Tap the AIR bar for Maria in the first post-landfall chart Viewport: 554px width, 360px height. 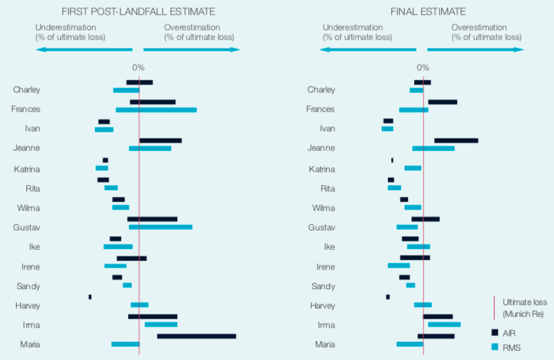tap(196, 336)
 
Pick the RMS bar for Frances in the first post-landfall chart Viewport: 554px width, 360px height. tap(156, 110)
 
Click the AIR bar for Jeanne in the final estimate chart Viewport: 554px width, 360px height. tap(456, 141)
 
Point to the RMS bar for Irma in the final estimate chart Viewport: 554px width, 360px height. tap(444, 324)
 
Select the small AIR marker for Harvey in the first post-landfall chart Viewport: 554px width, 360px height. tap(90, 297)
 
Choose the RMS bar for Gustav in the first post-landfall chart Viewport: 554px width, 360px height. tap(160, 227)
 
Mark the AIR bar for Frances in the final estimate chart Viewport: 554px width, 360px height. tap(442, 102)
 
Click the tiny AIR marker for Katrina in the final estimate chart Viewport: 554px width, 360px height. tap(392, 160)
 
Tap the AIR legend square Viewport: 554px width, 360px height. tap(495, 332)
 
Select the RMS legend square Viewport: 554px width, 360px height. tap(495, 348)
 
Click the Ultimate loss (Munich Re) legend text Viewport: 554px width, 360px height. tap(524, 307)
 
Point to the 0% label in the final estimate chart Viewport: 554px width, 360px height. tap(422, 68)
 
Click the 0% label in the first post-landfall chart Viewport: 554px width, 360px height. tap(138, 68)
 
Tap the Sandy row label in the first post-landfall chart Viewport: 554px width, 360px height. tap(28, 286)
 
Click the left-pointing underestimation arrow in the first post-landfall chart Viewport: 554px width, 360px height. tap(84, 49)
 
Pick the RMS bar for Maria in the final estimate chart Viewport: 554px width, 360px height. tap(409, 344)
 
